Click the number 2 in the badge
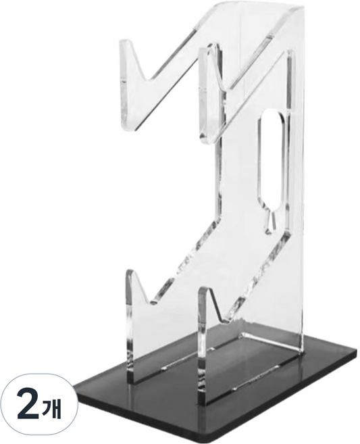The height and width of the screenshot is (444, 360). click(x=28, y=405)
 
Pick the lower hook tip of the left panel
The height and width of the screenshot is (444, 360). click(x=129, y=272)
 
